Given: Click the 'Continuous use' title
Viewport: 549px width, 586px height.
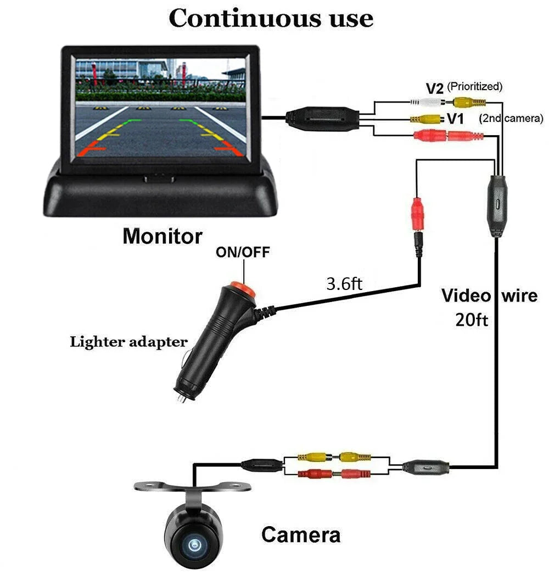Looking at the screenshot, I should point(271,18).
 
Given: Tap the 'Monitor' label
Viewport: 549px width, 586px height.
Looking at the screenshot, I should point(162,237).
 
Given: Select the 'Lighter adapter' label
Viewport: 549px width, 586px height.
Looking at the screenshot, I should point(128,342).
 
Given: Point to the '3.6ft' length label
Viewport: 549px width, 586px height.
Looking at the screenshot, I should point(344,284).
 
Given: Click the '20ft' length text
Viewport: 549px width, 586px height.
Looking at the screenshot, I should point(471,320).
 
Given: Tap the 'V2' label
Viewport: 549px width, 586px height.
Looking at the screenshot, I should point(435,88).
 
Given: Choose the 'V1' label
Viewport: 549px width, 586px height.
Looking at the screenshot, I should point(456,119).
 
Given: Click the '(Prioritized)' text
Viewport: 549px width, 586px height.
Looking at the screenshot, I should point(474,86).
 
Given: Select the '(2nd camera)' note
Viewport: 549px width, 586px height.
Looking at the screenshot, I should point(511,118).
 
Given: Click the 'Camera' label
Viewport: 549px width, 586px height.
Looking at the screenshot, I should point(300,534).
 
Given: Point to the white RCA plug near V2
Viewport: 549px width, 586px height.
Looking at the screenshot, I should point(426,102).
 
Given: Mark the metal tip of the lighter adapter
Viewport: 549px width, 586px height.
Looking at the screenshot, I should point(180,398).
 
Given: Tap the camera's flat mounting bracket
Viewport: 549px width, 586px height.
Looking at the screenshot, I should point(193,485).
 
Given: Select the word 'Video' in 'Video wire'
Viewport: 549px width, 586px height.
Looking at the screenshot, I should point(466,296).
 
